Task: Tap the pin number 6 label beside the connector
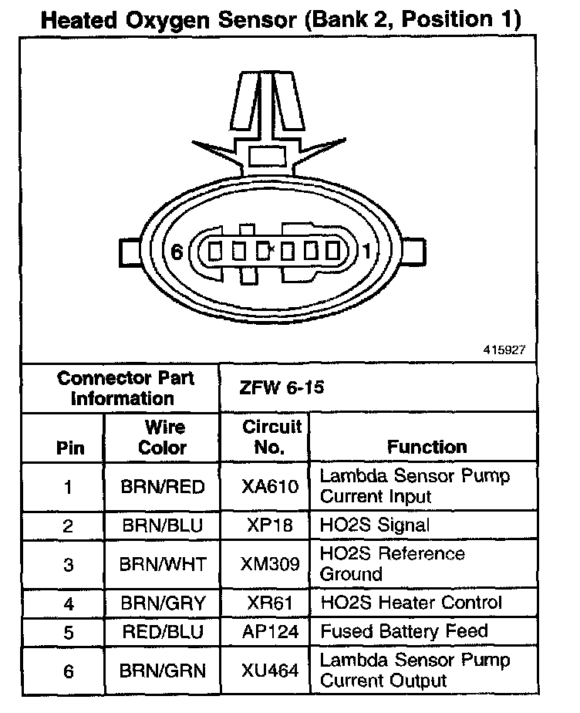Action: pos(176,252)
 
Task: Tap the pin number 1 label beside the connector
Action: pos(366,252)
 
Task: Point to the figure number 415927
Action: pos(505,350)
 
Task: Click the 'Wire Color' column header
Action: pos(163,437)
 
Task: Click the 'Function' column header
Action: pos(427,447)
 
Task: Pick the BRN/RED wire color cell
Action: pos(163,487)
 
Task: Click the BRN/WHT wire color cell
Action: pos(163,564)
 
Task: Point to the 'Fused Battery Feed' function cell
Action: pos(404,631)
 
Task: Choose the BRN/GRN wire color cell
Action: pos(163,671)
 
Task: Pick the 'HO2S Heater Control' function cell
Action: pos(411,603)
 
